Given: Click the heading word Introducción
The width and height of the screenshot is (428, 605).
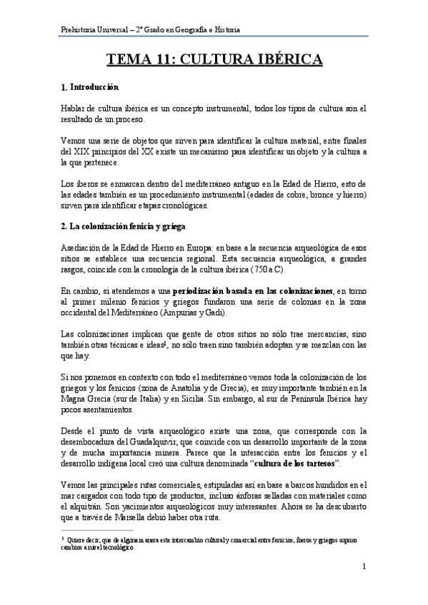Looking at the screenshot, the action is [94, 88].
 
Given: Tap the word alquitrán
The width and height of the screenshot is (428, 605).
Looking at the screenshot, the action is [79, 507].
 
